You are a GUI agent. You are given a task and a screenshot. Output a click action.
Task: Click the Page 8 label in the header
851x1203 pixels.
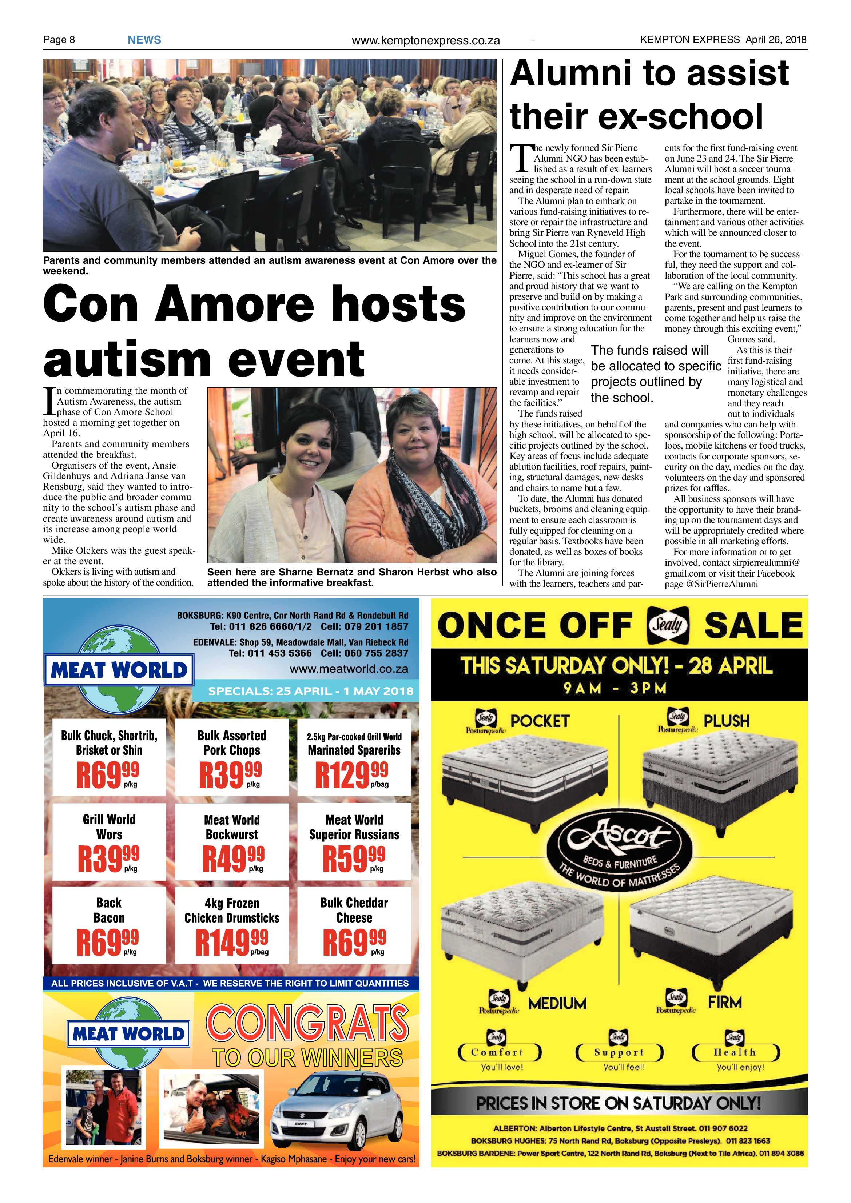(59, 40)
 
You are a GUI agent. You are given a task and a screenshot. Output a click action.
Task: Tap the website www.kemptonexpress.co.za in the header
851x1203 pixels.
(426, 40)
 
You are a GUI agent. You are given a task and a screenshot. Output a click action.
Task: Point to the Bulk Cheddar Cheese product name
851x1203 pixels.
(354, 910)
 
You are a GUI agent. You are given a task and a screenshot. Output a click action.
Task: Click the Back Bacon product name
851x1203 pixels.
(109, 910)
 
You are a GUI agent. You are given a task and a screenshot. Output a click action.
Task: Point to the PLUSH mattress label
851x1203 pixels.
(726, 721)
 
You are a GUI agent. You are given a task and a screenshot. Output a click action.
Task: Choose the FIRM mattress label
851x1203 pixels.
(725, 1002)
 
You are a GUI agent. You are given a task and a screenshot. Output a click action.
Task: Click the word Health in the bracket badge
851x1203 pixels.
(735, 1052)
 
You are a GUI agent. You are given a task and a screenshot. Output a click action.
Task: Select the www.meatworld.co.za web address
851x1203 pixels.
(349, 669)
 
